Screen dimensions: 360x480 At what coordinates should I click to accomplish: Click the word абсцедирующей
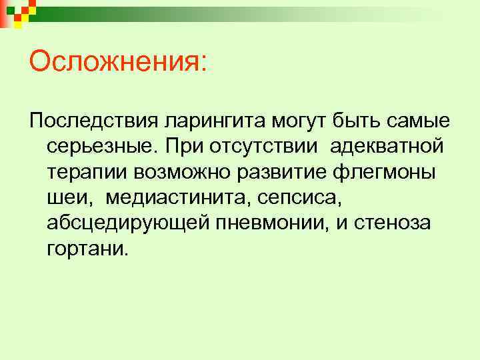127,223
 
